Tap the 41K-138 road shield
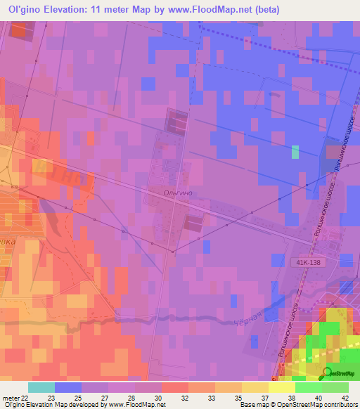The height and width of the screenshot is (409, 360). coord(308,261)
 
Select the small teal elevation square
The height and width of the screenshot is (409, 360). coord(295,152)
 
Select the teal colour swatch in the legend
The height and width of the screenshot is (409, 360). coord(41,387)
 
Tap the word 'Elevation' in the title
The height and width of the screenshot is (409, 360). coord(76,10)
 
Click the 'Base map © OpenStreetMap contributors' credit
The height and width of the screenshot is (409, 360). coord(297,405)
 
